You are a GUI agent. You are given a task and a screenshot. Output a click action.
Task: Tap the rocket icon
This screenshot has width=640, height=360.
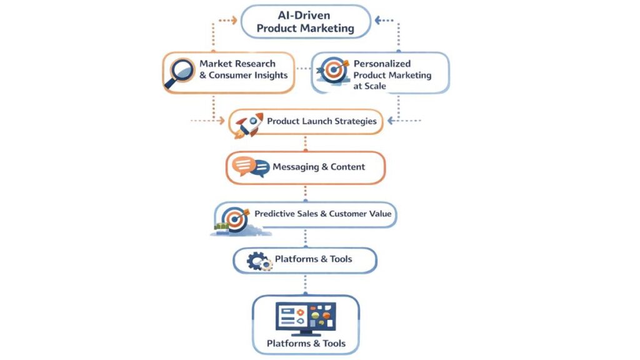[248, 123]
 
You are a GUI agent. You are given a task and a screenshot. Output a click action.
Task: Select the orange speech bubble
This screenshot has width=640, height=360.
[242, 165]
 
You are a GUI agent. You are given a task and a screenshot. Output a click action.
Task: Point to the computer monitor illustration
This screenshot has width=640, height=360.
[306, 316]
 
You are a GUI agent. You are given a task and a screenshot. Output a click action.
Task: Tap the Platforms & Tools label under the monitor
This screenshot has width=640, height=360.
[306, 344]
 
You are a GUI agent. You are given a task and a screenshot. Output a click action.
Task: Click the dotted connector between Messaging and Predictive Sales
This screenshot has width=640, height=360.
[305, 192]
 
